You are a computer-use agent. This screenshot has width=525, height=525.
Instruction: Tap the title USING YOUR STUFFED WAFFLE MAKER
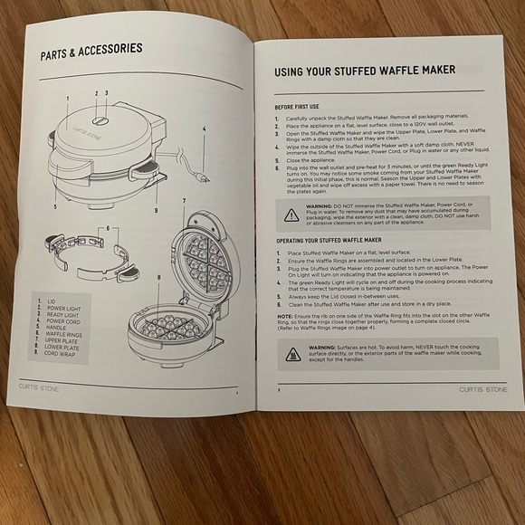(358, 71)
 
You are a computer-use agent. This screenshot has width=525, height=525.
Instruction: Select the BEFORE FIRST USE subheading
(297, 106)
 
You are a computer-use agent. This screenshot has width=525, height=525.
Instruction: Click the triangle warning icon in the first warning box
(291, 215)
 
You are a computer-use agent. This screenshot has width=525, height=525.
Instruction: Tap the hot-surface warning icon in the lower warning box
(292, 353)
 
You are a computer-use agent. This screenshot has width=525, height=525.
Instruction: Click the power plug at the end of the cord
(205, 178)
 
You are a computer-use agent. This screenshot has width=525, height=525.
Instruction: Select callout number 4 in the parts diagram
(205, 129)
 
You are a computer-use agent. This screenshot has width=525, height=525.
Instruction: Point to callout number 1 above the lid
(67, 98)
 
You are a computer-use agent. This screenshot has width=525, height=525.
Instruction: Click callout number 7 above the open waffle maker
(184, 199)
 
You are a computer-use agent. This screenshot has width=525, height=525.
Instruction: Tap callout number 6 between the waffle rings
(107, 228)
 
